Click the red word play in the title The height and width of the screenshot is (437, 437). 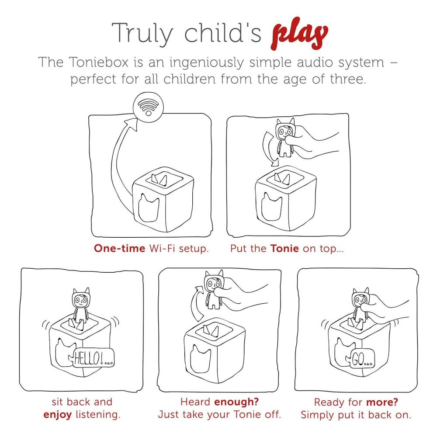pos(299,34)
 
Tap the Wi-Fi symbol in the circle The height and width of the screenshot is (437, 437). pos(148,108)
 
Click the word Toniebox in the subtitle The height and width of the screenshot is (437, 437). pos(99,62)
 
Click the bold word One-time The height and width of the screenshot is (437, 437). pos(120,248)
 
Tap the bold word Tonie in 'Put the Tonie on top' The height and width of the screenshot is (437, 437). pos(284,248)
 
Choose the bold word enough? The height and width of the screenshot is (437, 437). pos(236,402)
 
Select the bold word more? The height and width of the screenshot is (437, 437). pos(382,402)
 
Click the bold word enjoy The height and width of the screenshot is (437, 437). pos(57,415)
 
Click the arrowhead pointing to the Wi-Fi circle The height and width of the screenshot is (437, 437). pos(131,124)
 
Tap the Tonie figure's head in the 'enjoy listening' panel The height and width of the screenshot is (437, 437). pos(81,298)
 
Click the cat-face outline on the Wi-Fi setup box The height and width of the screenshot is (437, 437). pos(149,207)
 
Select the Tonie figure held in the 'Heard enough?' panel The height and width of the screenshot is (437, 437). pos(214,289)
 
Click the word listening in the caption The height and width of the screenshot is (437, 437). pos(98,415)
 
